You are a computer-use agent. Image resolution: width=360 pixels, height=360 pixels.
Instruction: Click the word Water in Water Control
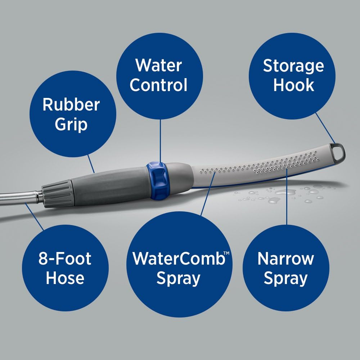pyautogui.click(x=158, y=66)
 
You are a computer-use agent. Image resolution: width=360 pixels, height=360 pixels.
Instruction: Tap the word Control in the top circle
pyautogui.click(x=158, y=85)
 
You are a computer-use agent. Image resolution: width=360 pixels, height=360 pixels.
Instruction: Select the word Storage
pyautogui.click(x=293, y=66)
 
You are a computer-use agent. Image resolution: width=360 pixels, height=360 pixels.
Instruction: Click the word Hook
pyautogui.click(x=293, y=85)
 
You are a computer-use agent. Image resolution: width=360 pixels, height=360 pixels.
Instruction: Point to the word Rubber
pyautogui.click(x=71, y=105)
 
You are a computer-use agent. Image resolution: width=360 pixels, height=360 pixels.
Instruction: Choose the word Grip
pyautogui.click(x=71, y=124)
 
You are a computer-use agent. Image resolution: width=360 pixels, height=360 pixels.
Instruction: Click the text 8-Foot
pyautogui.click(x=65, y=259)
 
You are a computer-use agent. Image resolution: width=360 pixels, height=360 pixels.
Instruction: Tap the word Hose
pyautogui.click(x=65, y=278)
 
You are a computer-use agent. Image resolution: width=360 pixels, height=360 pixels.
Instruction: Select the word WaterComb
pyautogui.click(x=178, y=259)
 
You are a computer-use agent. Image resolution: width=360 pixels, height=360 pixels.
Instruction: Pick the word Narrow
pyautogui.click(x=286, y=259)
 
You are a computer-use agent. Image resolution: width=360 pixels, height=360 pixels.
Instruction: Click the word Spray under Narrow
pyautogui.click(x=286, y=278)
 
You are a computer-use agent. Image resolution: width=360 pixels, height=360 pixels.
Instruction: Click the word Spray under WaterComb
pyautogui.click(x=178, y=278)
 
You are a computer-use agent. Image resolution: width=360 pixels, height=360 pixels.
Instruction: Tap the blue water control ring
pyautogui.click(x=157, y=180)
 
